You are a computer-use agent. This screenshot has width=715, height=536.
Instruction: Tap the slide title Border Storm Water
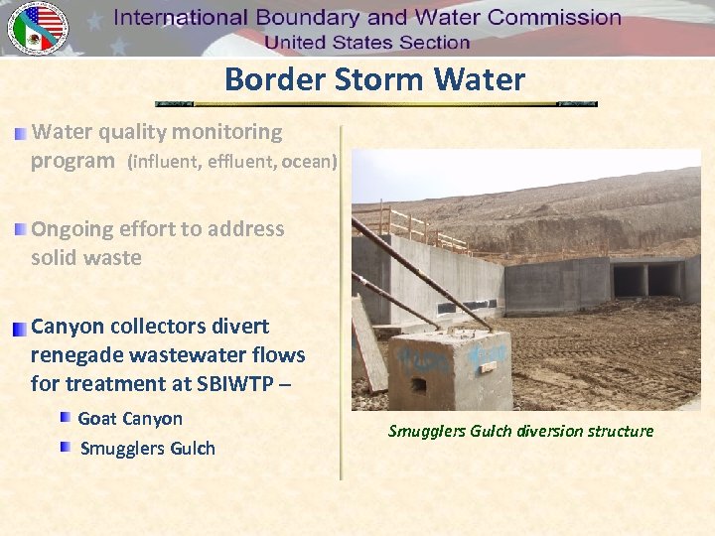[374, 79]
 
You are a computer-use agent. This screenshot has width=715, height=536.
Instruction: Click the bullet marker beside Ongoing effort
[21, 229]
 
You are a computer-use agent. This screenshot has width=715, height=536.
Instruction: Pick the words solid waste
[86, 258]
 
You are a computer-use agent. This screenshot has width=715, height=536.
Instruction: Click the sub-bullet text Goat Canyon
[130, 419]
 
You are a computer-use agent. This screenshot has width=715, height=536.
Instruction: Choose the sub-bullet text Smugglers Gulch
[147, 448]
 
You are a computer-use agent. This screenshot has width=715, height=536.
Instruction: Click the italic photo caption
[520, 431]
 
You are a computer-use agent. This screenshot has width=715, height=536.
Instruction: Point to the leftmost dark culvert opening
[629, 280]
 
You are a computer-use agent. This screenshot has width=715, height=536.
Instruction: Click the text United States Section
[367, 43]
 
